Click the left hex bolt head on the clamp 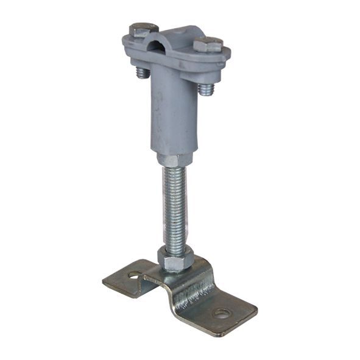coord(144,29)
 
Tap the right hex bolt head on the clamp coord(208,44)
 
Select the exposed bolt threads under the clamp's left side coord(142,72)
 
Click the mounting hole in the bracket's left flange coord(133,275)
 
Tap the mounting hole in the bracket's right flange coord(222,314)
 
